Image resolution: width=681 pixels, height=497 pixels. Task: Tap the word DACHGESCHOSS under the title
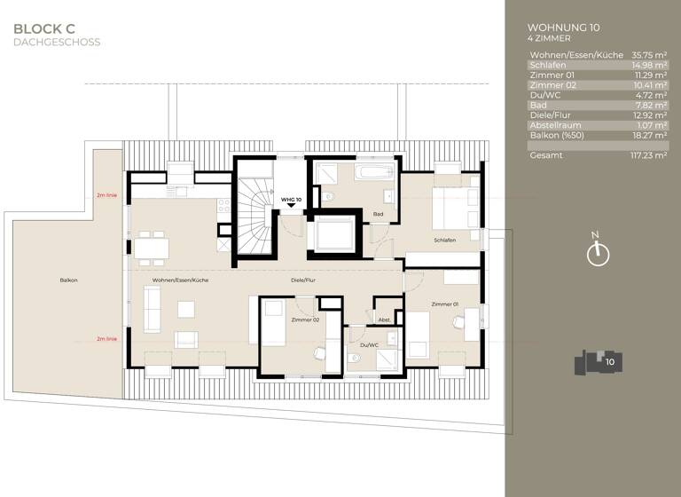(x=57, y=42)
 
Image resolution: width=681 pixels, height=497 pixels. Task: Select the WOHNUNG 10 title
(x=562, y=28)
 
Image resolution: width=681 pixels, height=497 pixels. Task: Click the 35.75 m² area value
(x=648, y=55)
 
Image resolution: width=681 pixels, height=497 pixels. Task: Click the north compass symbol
(x=599, y=254)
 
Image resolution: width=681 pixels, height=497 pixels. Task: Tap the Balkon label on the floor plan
(x=68, y=280)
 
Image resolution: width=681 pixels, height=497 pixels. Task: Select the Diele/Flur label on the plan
(x=303, y=280)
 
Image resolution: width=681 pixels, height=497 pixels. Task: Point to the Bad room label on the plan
(x=378, y=214)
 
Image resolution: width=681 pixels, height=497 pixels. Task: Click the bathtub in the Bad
(x=379, y=170)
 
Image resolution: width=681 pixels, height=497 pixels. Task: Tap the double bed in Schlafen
(x=454, y=205)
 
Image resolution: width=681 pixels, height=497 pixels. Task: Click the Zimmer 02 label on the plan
(x=304, y=319)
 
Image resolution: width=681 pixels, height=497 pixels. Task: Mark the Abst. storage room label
(x=384, y=319)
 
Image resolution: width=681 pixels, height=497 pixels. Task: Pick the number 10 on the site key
(x=610, y=361)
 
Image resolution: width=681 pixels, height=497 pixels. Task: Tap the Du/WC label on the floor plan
(x=369, y=344)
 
